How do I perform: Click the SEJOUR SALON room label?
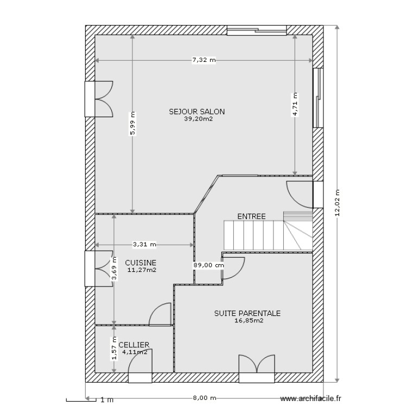pyautogui.click(x=196, y=112)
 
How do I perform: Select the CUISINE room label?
pyautogui.click(x=141, y=262)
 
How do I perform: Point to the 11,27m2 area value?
pyautogui.click(x=142, y=269)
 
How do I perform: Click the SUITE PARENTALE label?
pyautogui.click(x=247, y=313)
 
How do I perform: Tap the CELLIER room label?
pyautogui.click(x=133, y=345)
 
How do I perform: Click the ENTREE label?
pyautogui.click(x=251, y=216)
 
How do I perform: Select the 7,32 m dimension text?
pyautogui.click(x=203, y=61)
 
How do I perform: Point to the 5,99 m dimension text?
pyautogui.click(x=132, y=124)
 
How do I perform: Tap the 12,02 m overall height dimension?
pyautogui.click(x=337, y=203)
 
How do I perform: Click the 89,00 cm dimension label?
pyautogui.click(x=207, y=265)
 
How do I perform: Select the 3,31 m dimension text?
pyautogui.click(x=144, y=244)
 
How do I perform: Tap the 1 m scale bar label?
pyautogui.click(x=107, y=400)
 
